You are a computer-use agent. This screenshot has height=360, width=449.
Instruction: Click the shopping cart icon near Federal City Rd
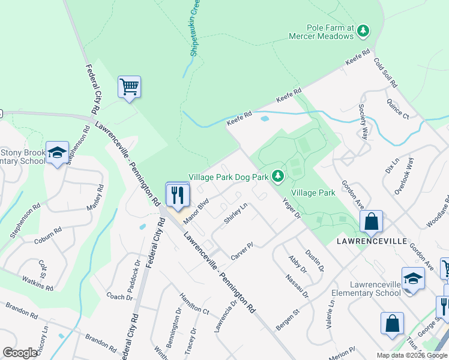point(129,88)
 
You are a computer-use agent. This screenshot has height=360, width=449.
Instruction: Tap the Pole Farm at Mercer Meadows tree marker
point(363,30)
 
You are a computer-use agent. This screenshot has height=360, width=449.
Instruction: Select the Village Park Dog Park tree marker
point(277,176)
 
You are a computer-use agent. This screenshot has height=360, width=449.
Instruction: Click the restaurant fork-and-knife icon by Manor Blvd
point(178,195)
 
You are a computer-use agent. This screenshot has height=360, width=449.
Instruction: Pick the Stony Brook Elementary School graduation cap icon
point(57,155)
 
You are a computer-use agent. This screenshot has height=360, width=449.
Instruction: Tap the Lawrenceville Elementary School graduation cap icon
point(413,278)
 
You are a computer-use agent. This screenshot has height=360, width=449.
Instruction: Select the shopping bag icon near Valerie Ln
point(392,322)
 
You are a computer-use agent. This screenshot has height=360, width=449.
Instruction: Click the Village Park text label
point(313,193)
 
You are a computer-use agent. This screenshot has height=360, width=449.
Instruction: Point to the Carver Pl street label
point(243,251)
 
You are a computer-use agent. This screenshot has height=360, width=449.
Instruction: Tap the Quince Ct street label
point(397,108)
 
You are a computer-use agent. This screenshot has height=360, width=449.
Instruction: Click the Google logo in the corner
point(20,353)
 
